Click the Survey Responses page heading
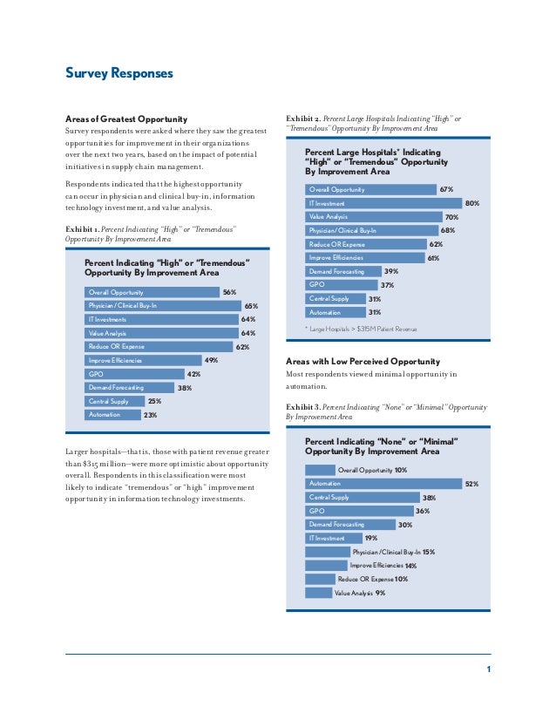tap(119, 73)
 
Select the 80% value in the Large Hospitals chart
tap(472, 202)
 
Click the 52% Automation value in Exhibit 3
tap(471, 483)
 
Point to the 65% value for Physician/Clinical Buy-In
tap(251, 306)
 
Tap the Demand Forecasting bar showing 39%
tap(342, 271)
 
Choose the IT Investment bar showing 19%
tap(331, 538)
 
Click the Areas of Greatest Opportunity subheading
tap(127, 118)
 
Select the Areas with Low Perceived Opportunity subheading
tap(363, 361)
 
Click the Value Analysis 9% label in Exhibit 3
tap(359, 593)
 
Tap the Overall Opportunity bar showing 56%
tap(152, 293)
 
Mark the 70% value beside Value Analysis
tap(451, 216)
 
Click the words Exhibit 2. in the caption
tap(303, 118)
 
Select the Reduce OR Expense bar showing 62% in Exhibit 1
tap(157, 347)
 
